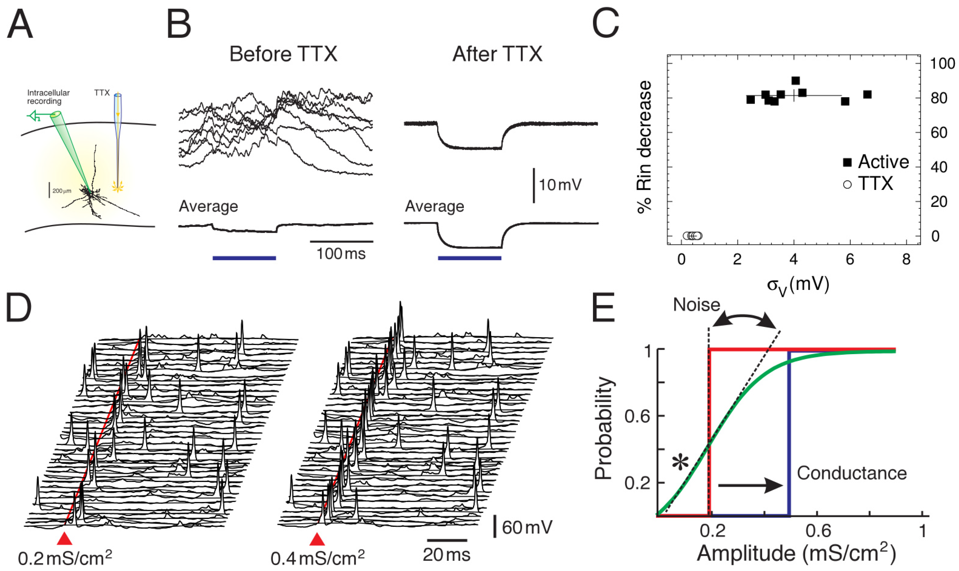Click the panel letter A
(20, 25)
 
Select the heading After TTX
(497, 54)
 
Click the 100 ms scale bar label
(341, 254)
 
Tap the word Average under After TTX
(434, 207)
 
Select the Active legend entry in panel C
(876, 162)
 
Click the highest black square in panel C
(795, 81)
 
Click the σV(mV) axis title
(798, 285)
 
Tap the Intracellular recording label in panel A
(48, 97)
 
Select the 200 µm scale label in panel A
(61, 191)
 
